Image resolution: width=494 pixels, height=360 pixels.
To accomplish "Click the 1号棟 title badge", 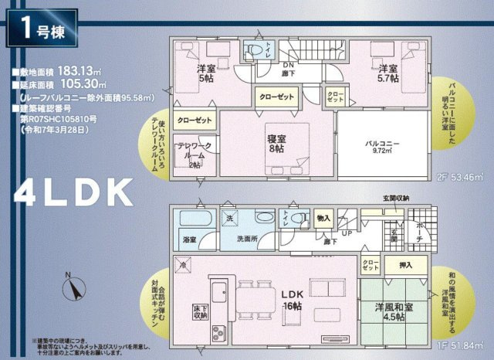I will point(41,32).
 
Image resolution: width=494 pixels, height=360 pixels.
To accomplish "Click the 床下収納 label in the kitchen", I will point(198,311).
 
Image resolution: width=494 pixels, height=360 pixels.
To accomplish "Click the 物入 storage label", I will point(323,219).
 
